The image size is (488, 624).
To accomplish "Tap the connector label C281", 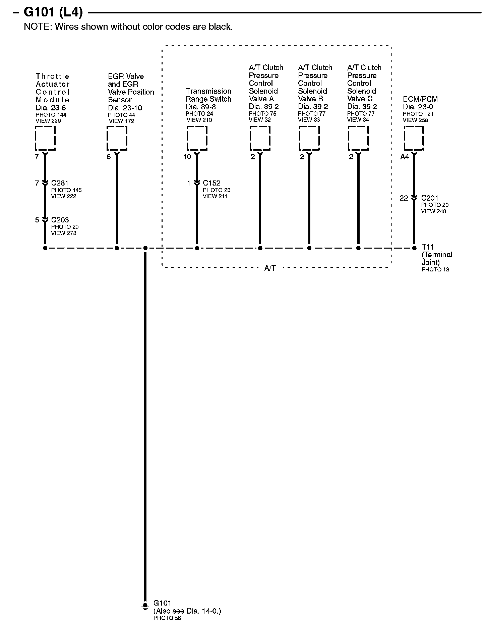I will pyautogui.click(x=60, y=183).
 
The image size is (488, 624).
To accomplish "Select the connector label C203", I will pyautogui.click(x=60, y=220).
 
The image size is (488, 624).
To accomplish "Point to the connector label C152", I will pyautogui.click(x=211, y=183).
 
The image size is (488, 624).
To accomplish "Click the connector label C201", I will pyautogui.click(x=430, y=198).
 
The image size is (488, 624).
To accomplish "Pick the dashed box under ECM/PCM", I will pyautogui.click(x=414, y=138).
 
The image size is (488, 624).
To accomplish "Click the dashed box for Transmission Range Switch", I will pyautogui.click(x=197, y=138).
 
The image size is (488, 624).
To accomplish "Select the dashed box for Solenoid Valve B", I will pyautogui.click(x=309, y=138).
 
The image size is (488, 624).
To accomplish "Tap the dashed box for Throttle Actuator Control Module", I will pyautogui.click(x=45, y=138).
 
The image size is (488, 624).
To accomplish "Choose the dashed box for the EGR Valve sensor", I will pyautogui.click(x=117, y=138).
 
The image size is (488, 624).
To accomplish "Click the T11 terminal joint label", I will pyautogui.click(x=428, y=247).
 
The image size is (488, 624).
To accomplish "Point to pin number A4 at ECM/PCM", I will pyautogui.click(x=405, y=157).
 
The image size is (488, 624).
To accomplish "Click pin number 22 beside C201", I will pyautogui.click(x=404, y=198).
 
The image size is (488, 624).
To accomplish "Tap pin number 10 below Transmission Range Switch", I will pyautogui.click(x=187, y=157).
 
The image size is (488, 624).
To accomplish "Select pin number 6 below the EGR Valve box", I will pyautogui.click(x=109, y=157).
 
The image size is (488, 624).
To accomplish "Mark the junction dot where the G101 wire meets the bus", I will pyautogui.click(x=145, y=248).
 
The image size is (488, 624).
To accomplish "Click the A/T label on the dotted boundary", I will pyautogui.click(x=270, y=268).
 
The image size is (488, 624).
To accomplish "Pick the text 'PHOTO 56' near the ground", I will pyautogui.click(x=167, y=618).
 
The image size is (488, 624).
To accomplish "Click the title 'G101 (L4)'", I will pyautogui.click(x=53, y=13).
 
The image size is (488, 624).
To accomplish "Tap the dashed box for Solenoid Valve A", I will pyautogui.click(x=260, y=138).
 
